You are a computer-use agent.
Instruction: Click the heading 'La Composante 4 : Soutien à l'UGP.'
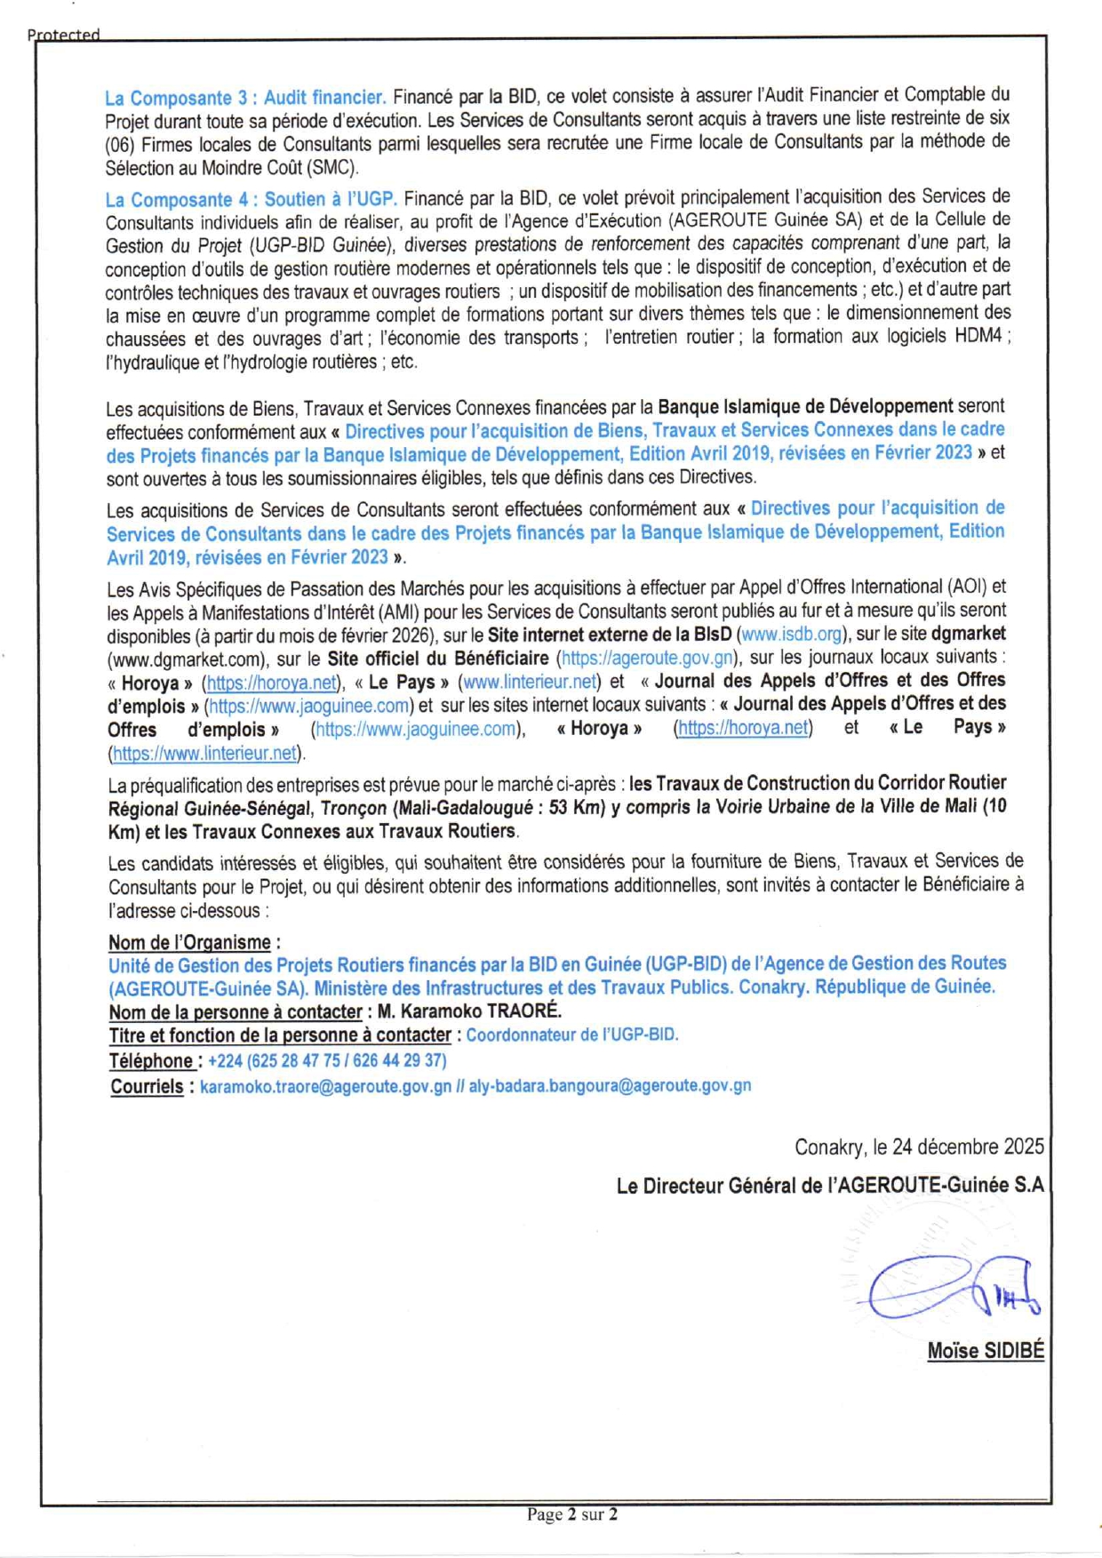[251, 199]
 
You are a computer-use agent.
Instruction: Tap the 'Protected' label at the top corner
[63, 35]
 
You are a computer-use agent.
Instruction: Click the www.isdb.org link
[791, 635]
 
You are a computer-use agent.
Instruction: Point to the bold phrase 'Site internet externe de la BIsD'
[610, 635]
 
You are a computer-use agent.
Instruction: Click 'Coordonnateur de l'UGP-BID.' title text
[571, 1035]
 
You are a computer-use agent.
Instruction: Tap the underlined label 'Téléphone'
[151, 1061]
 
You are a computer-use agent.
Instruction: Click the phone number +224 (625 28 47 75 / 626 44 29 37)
[327, 1061]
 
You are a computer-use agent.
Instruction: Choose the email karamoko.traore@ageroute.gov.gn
[325, 1086]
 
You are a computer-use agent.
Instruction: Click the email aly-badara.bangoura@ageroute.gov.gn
[610, 1086]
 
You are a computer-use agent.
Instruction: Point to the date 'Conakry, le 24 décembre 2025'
[919, 1147]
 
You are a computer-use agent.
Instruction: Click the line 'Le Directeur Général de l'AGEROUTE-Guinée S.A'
[830, 1186]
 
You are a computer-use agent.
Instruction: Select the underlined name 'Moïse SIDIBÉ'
[986, 1351]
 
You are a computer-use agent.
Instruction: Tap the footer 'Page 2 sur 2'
[571, 1514]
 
